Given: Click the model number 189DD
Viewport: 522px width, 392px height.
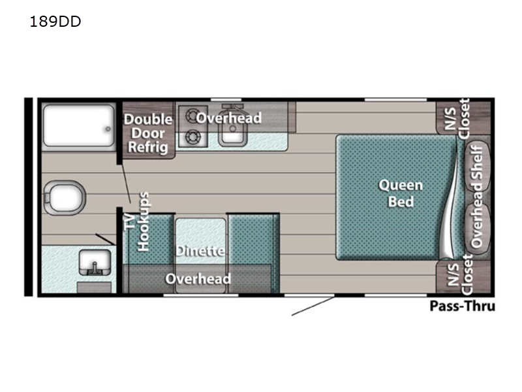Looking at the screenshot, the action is [x=55, y=22].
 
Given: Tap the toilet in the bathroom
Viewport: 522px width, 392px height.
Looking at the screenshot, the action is [x=65, y=198].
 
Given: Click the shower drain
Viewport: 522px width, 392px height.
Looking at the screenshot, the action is [x=108, y=129].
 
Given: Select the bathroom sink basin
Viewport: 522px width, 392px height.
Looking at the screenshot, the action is [x=95, y=263].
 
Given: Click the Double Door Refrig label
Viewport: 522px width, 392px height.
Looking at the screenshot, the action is [x=148, y=133].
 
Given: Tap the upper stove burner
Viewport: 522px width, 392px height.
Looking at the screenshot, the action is [x=192, y=116].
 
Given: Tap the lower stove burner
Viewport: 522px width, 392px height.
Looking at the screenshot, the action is [x=192, y=137].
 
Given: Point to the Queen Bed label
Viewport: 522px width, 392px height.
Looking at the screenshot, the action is [x=401, y=193].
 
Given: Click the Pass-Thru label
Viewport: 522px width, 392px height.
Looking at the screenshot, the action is [x=462, y=306].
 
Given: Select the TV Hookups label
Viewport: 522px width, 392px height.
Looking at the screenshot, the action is [x=137, y=221].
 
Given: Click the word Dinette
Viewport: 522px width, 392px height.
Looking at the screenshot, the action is [x=200, y=251].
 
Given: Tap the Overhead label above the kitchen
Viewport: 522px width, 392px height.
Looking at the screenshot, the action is [x=229, y=118].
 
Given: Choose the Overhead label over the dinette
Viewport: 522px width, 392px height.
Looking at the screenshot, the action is [x=198, y=279].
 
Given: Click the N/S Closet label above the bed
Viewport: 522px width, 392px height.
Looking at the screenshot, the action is [x=457, y=119].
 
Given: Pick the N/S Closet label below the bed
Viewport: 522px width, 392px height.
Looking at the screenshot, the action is [x=460, y=274].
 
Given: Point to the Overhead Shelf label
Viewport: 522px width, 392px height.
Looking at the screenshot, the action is [x=477, y=197].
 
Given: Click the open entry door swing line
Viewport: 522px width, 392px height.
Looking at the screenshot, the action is [x=313, y=306].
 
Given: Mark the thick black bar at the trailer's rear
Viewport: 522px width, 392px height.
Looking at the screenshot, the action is [x=28, y=197].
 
